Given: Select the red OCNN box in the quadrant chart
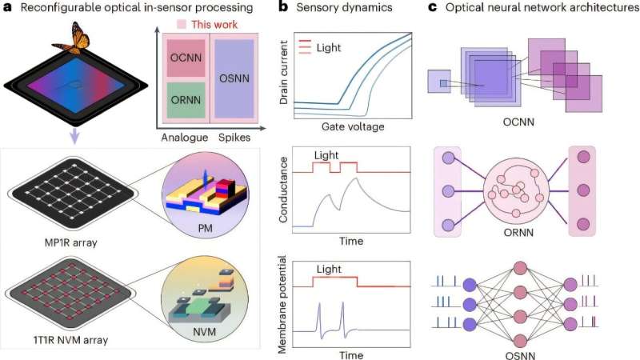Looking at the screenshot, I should tap(186, 62).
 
